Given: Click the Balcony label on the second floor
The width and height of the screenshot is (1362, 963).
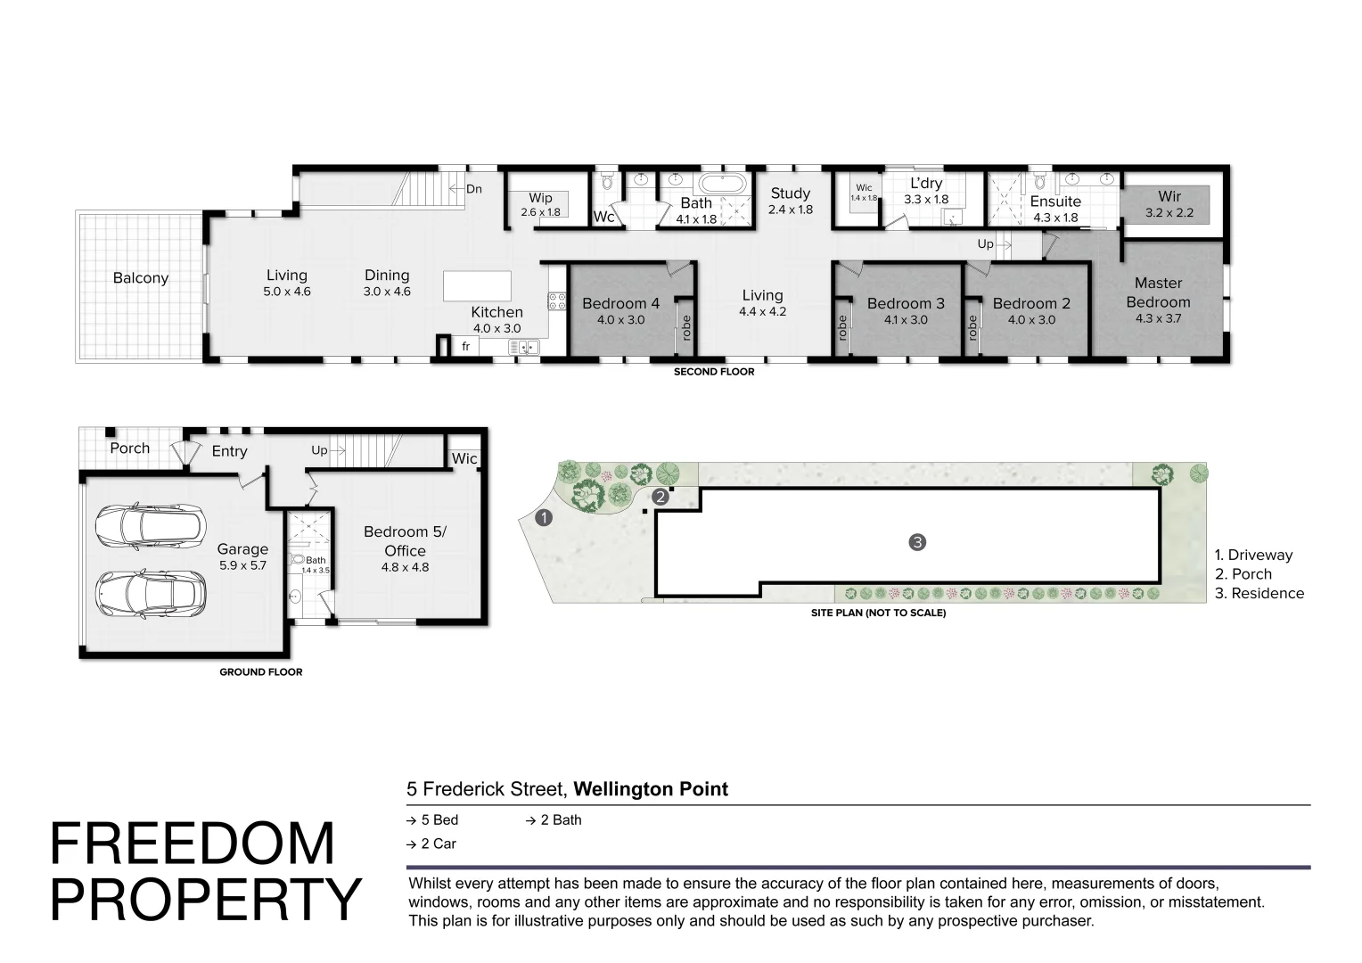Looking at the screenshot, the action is (141, 278).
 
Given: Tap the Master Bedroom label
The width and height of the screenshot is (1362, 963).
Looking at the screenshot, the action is (1158, 292).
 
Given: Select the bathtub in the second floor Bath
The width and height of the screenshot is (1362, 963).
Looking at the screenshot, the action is (722, 183).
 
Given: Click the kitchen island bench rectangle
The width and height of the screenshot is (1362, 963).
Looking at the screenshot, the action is (477, 286).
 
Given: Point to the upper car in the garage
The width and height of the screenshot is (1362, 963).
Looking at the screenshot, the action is (151, 527).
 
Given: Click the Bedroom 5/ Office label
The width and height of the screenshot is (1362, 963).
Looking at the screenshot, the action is (405, 541).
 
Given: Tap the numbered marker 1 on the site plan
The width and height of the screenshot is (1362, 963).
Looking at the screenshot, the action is (544, 518).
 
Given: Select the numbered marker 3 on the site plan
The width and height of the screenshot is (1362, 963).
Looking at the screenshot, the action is (917, 542).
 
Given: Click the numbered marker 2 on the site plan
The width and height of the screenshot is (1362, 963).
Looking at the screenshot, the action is (660, 497).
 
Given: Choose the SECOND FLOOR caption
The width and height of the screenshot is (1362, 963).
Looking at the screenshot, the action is (714, 372).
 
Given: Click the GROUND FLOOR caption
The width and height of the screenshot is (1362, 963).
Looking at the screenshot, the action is (261, 671).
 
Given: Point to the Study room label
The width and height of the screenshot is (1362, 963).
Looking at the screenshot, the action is (791, 193).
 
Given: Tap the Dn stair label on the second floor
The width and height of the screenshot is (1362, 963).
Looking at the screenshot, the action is (474, 188).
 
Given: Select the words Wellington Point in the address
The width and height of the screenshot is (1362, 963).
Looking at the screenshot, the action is (651, 789).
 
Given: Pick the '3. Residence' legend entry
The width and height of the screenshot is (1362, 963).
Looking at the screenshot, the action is (1259, 593).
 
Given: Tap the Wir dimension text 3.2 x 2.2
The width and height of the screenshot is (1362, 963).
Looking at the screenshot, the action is (1169, 213).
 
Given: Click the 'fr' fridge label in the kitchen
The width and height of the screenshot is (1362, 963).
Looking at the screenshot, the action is (466, 346).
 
